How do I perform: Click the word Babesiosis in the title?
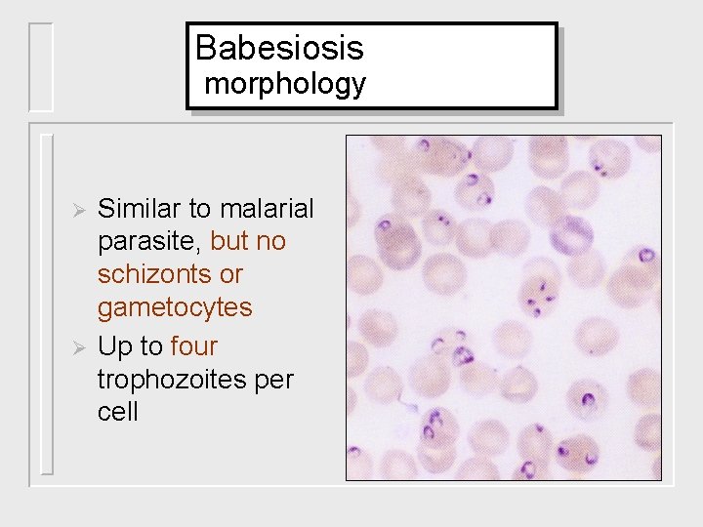[279, 47]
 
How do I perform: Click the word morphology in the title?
[285, 84]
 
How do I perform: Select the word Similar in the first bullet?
[141, 209]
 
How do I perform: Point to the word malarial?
[267, 209]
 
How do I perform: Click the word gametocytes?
[175, 308]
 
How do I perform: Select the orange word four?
[193, 346]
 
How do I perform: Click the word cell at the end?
[117, 412]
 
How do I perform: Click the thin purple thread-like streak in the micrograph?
[405, 395]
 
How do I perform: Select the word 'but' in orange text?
[228, 242]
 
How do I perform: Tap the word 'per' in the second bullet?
[272, 380]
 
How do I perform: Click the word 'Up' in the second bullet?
[115, 346]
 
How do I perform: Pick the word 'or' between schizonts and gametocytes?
[230, 274]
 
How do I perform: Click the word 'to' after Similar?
[200, 209]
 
